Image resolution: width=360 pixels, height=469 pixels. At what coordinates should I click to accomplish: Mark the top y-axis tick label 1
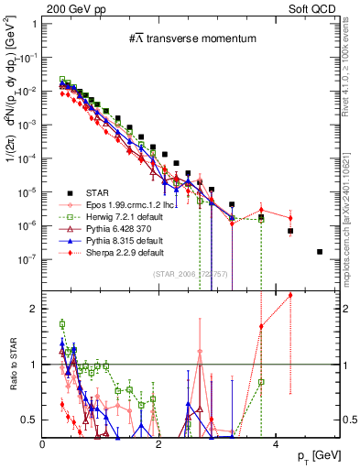pos(33,23)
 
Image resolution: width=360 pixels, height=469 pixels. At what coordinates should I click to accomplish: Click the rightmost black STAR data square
pos(320,251)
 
